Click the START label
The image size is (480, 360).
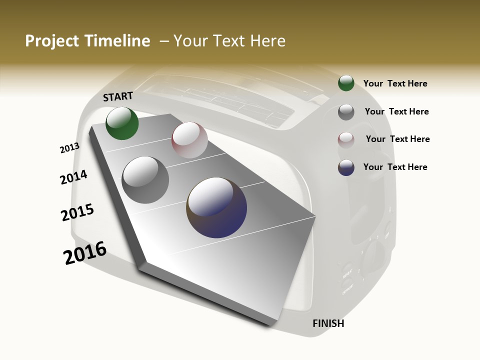pyautogui.click(x=118, y=96)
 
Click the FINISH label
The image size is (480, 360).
pyautogui.click(x=328, y=323)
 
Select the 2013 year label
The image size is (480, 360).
pyautogui.click(x=69, y=148)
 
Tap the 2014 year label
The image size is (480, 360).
pyautogui.click(x=73, y=177)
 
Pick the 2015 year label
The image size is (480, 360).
pyautogui.click(x=77, y=212)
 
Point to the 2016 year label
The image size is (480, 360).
pyautogui.click(x=85, y=253)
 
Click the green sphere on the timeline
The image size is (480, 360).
pyautogui.click(x=122, y=123)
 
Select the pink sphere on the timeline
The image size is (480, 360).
pyautogui.click(x=189, y=140)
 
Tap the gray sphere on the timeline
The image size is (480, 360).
pyautogui.click(x=145, y=179)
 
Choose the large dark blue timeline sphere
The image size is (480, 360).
pyautogui.click(x=216, y=207)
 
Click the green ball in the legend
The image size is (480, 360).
pyautogui.click(x=346, y=83)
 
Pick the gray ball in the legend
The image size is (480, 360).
pyautogui.click(x=346, y=112)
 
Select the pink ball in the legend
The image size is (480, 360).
pyautogui.click(x=346, y=140)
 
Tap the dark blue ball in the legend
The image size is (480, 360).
pyautogui.click(x=346, y=167)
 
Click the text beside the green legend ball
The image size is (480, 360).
pyautogui.click(x=395, y=83)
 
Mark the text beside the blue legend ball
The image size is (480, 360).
pyautogui.click(x=395, y=167)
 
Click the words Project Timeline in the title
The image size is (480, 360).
pyautogui.click(x=87, y=41)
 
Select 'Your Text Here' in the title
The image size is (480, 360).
pyautogui.click(x=229, y=41)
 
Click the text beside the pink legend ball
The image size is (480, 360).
pyautogui.click(x=397, y=139)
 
